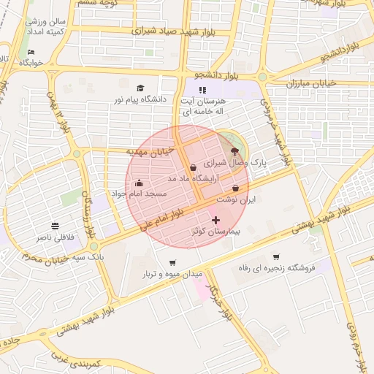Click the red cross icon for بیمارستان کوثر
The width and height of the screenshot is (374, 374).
tap(215, 220)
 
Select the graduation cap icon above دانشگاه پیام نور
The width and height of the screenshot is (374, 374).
tap(140, 87)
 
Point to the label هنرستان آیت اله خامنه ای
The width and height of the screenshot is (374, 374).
tap(204, 106)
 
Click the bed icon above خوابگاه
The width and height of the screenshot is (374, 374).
tap(31, 53)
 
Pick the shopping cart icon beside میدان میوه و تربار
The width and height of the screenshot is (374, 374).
tap(172, 263)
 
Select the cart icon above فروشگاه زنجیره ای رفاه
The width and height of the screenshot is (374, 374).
tap(275, 256)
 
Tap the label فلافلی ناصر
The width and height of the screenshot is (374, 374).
tap(56, 238)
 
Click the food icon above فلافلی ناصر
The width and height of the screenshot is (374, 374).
tap(56, 226)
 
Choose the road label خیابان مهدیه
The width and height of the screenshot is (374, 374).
tap(151, 151)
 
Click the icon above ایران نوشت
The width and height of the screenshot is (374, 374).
tap(235, 188)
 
